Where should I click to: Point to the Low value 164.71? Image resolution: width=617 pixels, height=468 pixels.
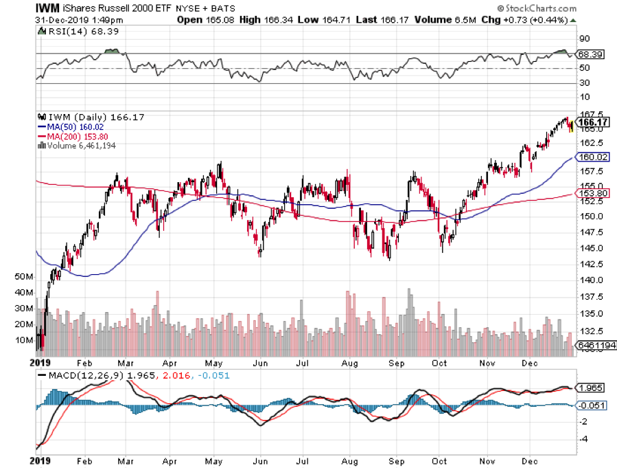click(336, 20)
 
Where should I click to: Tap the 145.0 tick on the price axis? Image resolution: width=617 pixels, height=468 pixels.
click(592, 248)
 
